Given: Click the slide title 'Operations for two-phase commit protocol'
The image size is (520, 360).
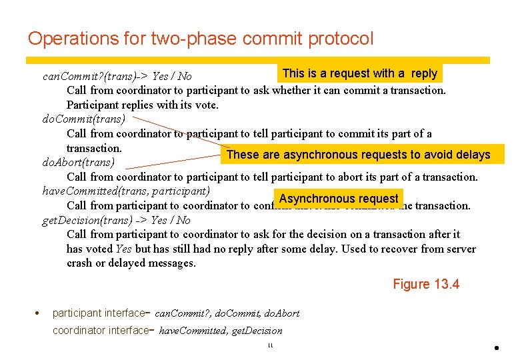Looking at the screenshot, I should (201, 39).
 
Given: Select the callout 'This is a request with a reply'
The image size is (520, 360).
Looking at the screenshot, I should (360, 73).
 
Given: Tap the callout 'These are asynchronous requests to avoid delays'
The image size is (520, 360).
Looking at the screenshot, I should (358, 155).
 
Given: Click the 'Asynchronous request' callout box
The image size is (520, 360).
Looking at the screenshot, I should (339, 198).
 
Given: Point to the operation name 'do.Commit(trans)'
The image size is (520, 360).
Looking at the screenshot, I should (83, 119).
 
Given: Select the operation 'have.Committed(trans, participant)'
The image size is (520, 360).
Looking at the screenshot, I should (126, 191).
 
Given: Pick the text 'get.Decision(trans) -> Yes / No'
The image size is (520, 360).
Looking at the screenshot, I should (116, 220).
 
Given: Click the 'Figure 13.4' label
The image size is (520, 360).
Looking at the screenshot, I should (426, 285).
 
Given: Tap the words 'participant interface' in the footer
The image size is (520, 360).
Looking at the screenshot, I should (98, 313).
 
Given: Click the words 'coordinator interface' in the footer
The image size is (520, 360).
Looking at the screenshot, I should (99, 330).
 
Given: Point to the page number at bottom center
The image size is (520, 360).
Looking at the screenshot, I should (270, 345).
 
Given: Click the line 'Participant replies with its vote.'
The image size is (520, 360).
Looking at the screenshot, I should (143, 105).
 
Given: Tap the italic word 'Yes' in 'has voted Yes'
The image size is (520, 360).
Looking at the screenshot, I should (123, 249).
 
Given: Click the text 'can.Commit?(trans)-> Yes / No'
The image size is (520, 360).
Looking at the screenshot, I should (117, 77).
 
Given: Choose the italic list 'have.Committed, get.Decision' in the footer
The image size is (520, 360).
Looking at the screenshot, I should (221, 331).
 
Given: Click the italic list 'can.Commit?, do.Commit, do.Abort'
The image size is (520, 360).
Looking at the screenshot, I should (229, 313).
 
